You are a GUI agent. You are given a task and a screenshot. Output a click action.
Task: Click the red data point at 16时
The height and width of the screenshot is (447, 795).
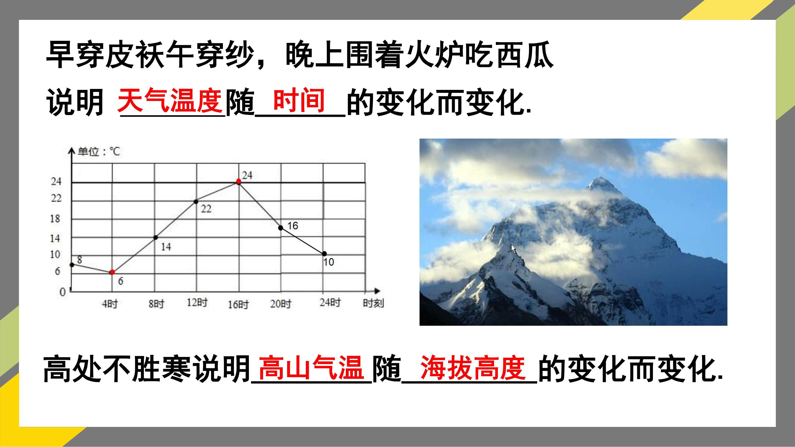[238, 181]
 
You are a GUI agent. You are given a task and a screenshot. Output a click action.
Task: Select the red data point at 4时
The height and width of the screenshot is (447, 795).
[112, 272]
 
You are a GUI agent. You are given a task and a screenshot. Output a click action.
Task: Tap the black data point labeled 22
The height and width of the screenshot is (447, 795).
[196, 202]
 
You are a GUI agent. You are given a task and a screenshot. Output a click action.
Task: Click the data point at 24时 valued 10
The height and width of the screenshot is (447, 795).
[324, 254]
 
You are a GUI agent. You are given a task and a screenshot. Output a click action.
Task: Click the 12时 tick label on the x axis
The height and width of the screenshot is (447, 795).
[197, 302]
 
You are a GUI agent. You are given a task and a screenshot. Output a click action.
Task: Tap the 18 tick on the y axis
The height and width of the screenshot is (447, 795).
[55, 219]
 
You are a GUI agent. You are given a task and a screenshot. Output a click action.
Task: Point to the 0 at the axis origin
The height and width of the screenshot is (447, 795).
[63, 292]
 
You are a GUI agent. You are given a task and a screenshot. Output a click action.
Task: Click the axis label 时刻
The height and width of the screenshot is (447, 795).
[373, 303]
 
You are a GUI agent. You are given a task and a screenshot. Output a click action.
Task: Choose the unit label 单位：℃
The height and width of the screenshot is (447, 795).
[99, 151]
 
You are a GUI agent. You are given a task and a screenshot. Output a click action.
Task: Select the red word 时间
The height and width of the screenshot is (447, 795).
[299, 100]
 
